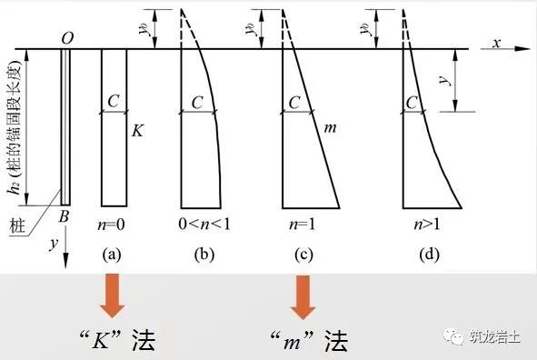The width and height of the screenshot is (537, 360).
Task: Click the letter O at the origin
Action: [66, 37]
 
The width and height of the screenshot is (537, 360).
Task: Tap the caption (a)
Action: [114, 255]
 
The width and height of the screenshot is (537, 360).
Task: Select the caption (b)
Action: [204, 255]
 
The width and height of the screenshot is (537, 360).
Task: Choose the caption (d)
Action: [428, 255]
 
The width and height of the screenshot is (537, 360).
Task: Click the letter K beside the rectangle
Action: [137, 131]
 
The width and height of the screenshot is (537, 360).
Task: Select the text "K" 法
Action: [114, 340]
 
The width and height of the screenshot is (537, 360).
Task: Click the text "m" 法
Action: [303, 340]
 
